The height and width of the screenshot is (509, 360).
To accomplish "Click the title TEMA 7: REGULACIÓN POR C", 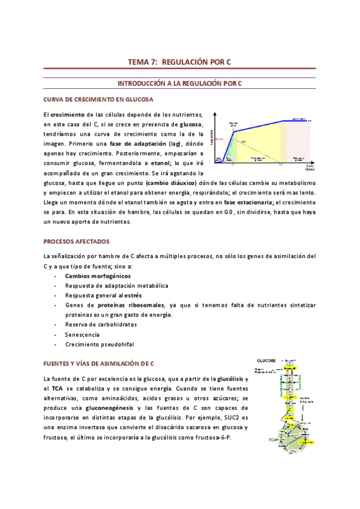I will (x=180, y=62).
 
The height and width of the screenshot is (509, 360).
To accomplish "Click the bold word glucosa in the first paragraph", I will (x=187, y=124).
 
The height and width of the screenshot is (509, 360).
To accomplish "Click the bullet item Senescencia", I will (x=82, y=334).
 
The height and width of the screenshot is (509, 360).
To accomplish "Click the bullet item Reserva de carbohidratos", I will (x=101, y=325).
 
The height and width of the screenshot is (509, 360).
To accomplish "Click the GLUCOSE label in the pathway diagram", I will (x=266, y=360).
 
